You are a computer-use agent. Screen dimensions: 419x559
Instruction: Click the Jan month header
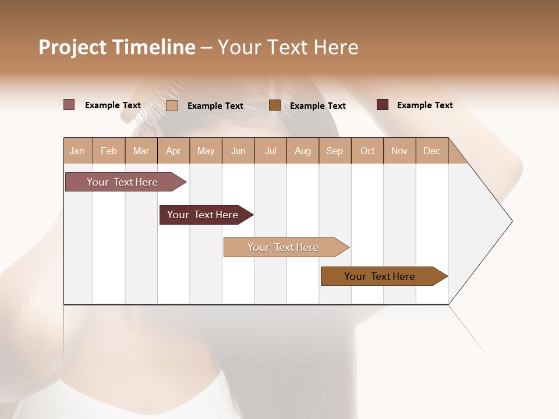click(77, 151)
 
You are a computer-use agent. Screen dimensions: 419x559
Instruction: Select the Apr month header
click(173, 151)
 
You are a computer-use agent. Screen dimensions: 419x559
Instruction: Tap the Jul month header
click(270, 151)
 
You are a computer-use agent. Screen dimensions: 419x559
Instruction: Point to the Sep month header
click(334, 151)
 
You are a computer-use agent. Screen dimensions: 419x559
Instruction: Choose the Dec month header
click(431, 151)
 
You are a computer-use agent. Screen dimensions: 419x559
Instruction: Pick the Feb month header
click(109, 151)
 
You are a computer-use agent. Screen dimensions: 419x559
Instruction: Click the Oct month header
click(367, 151)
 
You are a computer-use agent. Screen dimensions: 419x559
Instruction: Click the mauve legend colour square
click(69, 105)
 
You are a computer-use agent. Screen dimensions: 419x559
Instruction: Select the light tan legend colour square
click(172, 105)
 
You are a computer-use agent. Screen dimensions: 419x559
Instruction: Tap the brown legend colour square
click(275, 105)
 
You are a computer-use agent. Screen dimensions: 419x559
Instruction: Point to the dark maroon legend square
click(383, 105)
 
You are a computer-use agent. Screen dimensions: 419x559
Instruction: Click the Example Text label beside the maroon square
click(424, 105)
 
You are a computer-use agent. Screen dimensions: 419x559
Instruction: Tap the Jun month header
click(238, 151)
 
